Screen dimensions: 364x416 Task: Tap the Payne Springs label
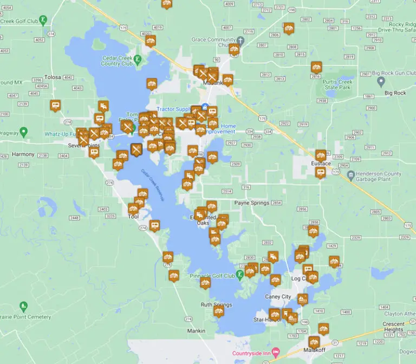pos(251,203)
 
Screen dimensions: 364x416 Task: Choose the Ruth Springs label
pos(216,305)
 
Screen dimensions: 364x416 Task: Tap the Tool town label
pos(133,217)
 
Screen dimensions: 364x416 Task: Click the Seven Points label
pos(81,146)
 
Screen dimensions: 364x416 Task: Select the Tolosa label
pos(53,77)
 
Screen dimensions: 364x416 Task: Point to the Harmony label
pos(23,154)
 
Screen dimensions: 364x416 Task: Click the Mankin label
pos(196,331)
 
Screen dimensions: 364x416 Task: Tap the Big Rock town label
pos(395,93)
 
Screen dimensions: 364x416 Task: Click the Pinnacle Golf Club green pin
pos(239,275)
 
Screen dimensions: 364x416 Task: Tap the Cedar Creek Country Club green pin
pos(138,59)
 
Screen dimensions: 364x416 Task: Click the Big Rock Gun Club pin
pos(380,82)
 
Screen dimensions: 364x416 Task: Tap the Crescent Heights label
pos(393,327)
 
